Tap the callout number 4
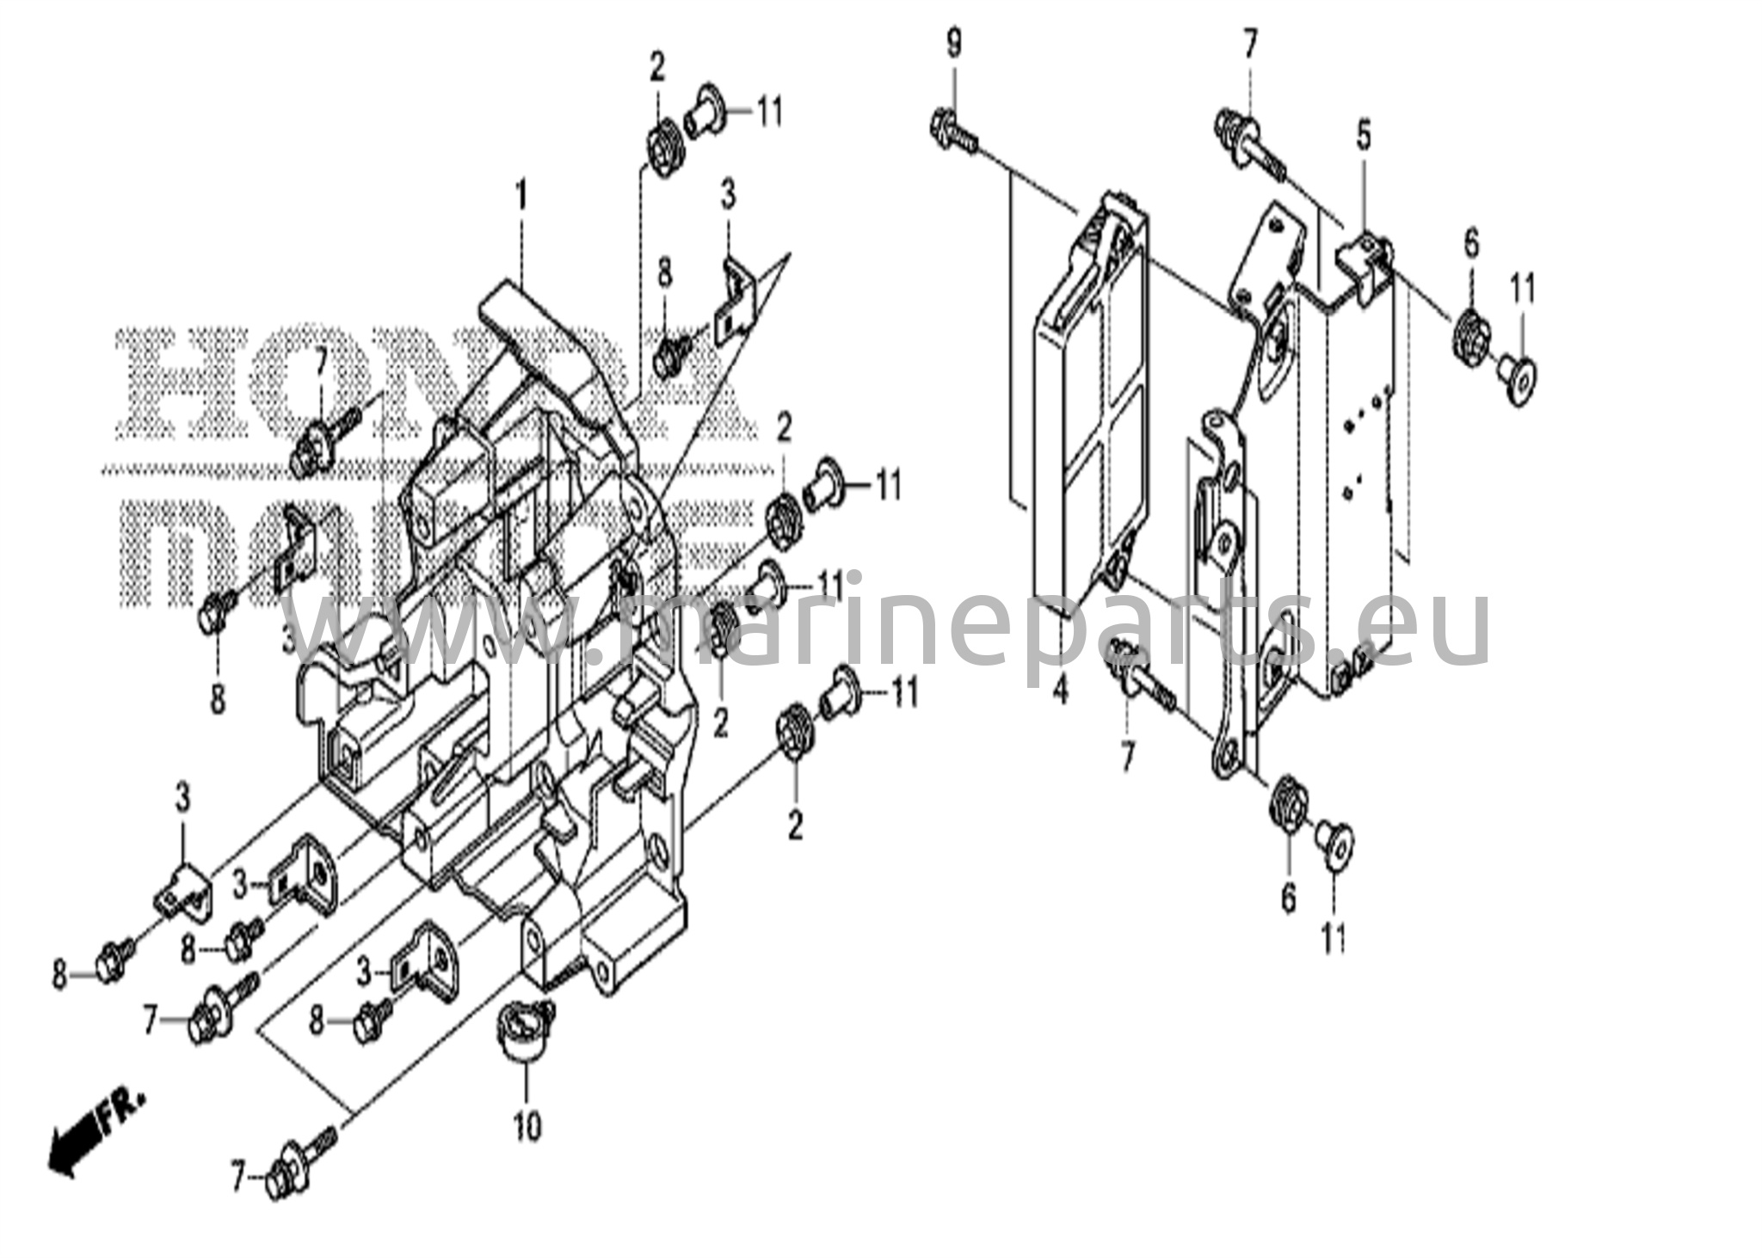pos(1060,690)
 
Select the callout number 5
pos(1364,137)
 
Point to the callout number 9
pos(953,44)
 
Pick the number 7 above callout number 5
pos(1248,43)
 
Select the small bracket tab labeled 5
pos(1363,258)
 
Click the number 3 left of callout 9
pos(728,196)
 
